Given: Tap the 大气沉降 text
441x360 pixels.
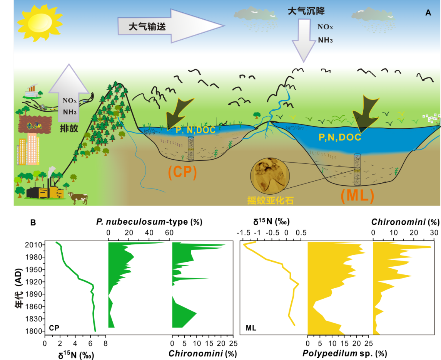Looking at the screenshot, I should tap(304, 11).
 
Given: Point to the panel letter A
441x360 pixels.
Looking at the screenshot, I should tap(428, 13).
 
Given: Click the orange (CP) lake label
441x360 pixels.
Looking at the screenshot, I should tap(182, 172).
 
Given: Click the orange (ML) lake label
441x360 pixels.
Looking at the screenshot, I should tap(357, 196).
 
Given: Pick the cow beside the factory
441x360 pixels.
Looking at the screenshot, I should tap(79, 198).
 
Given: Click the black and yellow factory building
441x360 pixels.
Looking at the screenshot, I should tap(44, 191).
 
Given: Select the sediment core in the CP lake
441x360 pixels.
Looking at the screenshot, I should tap(190, 148).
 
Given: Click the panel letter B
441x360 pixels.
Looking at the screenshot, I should tap(33, 222).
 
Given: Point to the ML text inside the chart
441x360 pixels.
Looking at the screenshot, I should tap(251, 328).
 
